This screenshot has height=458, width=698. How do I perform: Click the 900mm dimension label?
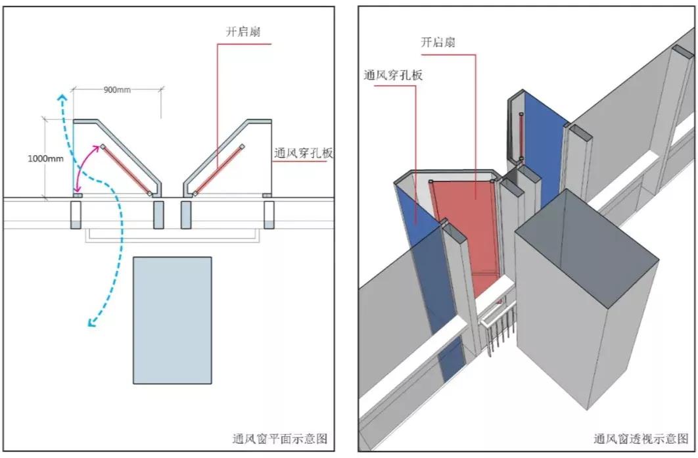tap(117, 89)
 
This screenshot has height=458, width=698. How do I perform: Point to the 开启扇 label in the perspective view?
tap(438, 43)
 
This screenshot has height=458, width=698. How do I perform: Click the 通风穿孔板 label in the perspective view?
tap(393, 75)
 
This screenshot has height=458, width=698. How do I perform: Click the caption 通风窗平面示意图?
tap(280, 438)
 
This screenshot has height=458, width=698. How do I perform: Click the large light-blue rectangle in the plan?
tap(172, 320)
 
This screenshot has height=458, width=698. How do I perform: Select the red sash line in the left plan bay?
tap(126, 170)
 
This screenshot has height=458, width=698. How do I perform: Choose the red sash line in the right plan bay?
tap(218, 169)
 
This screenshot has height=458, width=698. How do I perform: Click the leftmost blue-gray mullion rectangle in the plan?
tap(76, 215)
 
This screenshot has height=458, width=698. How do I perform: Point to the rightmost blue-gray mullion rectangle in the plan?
tap(269, 215)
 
